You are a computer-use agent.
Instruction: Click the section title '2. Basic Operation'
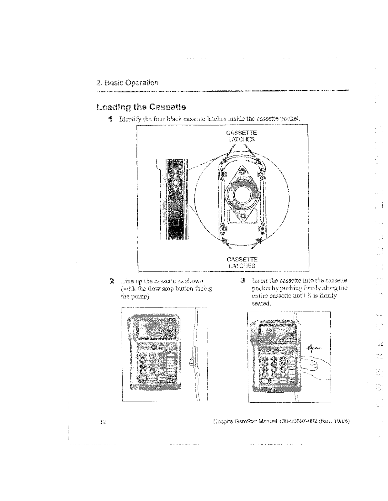click(x=127, y=83)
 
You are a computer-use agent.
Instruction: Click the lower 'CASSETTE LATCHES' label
click(x=242, y=263)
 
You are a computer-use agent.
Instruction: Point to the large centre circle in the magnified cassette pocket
click(x=242, y=194)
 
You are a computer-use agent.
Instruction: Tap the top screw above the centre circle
click(x=242, y=171)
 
